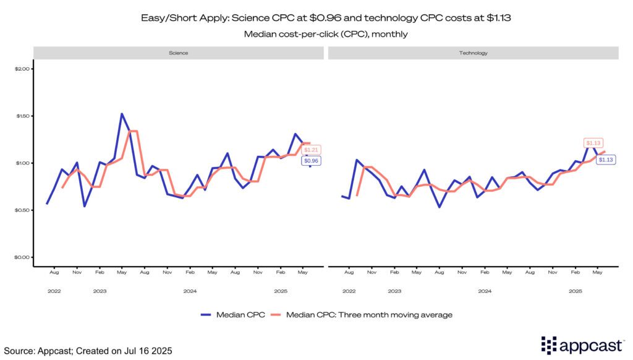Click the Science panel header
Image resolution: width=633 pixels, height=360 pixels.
pyautogui.click(x=178, y=53)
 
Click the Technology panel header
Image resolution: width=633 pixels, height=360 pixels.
pyautogui.click(x=474, y=53)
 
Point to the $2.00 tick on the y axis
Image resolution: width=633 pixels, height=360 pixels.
pyautogui.click(x=22, y=69)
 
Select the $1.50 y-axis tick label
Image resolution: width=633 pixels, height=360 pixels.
pyautogui.click(x=22, y=116)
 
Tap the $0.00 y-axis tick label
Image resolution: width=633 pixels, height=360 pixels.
pyautogui.click(x=22, y=257)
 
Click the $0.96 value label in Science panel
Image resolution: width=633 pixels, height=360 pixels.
pyautogui.click(x=310, y=161)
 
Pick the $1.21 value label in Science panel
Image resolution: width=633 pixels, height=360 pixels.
pyautogui.click(x=311, y=150)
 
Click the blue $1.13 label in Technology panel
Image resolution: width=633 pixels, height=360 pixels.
pyautogui.click(x=605, y=160)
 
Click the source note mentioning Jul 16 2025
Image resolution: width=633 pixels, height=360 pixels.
pyautogui.click(x=87, y=351)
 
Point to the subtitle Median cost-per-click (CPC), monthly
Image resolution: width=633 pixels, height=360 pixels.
pyautogui.click(x=316, y=34)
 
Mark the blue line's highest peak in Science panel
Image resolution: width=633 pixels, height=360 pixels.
pyautogui.click(x=122, y=113)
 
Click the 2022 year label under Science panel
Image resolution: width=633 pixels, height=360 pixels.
pyautogui.click(x=54, y=290)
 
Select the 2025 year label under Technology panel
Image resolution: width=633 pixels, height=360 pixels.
pyautogui.click(x=575, y=290)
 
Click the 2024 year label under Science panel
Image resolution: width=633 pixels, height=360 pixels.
pyautogui.click(x=189, y=290)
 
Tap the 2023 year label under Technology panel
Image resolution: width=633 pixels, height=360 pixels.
pyautogui.click(x=394, y=290)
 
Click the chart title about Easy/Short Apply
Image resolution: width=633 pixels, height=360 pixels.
pyautogui.click(x=316, y=19)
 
